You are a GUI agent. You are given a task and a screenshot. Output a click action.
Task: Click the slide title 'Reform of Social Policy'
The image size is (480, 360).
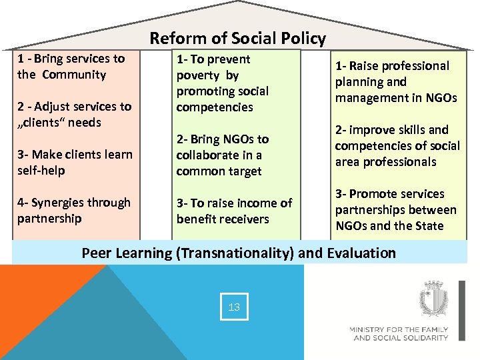pos(237,39)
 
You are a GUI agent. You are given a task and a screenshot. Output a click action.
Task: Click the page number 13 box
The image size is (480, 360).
pos(234,307)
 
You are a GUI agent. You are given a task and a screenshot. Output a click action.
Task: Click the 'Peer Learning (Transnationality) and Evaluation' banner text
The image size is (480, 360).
pos(239,253)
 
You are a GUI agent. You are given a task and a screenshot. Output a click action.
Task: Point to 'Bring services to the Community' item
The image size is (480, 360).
pos(71,67)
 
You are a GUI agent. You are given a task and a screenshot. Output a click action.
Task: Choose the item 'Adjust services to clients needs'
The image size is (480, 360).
pos(74,114)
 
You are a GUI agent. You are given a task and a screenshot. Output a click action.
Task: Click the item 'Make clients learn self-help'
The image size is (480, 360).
pos(75,162)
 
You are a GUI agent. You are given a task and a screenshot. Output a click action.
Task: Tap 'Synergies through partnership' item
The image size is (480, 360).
pos(74,210)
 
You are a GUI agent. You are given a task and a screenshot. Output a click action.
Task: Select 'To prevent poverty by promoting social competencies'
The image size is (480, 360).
pos(222,83)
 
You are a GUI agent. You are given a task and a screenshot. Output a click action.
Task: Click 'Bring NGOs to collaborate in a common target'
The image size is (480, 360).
pos(222,155)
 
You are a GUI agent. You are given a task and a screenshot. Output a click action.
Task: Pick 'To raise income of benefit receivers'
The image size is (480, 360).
pos(234,211)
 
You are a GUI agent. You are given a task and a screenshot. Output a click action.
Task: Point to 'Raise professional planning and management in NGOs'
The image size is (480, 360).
pos(395,81)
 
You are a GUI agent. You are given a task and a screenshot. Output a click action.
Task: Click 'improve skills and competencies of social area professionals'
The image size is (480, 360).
pos(397,145)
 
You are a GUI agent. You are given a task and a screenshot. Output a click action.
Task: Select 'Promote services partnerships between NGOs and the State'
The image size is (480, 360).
pos(395,209)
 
